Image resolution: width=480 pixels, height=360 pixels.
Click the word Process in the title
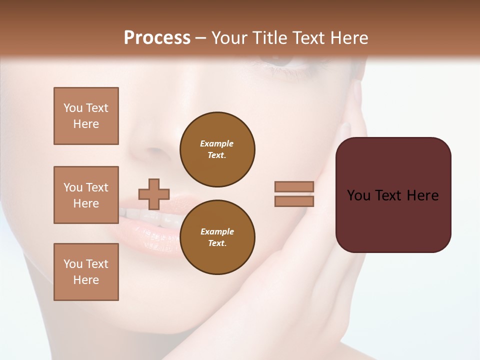[x=157, y=38]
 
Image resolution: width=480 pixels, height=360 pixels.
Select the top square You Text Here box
[x=86, y=116]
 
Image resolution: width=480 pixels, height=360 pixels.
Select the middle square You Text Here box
[x=86, y=195]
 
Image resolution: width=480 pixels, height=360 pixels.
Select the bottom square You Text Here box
[x=86, y=272]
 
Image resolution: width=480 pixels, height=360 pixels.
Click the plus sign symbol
[x=154, y=194]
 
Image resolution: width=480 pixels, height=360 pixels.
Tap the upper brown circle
[x=217, y=149]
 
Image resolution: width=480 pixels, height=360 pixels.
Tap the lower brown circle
[x=217, y=237]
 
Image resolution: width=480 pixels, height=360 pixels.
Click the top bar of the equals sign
[x=294, y=187]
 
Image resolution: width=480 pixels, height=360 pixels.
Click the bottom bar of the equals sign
[x=294, y=201]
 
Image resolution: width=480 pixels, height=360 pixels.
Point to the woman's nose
[x=155, y=145]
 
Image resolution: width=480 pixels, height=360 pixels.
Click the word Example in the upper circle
[x=217, y=143]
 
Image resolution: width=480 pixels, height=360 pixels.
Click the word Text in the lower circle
[x=217, y=243]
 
